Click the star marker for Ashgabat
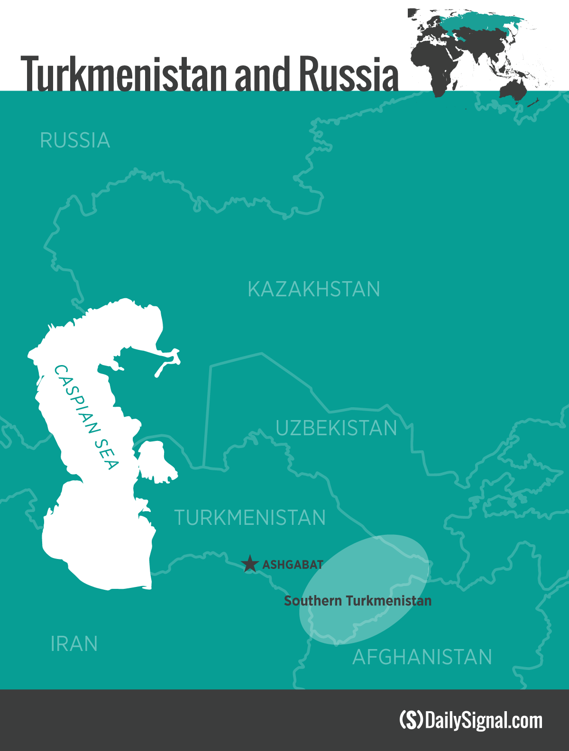point(250,564)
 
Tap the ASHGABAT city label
point(293,565)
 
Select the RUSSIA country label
point(75,140)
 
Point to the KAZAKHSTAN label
point(313,289)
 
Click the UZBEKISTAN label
point(336,428)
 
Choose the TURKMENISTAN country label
point(250,518)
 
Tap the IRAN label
point(74,644)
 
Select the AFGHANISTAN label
point(422,657)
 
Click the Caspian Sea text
point(86,417)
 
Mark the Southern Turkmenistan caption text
point(358,601)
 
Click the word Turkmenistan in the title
point(125,75)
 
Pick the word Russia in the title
point(349,75)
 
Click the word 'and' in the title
point(262,75)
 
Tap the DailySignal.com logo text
point(484,720)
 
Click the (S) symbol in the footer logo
point(411,720)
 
